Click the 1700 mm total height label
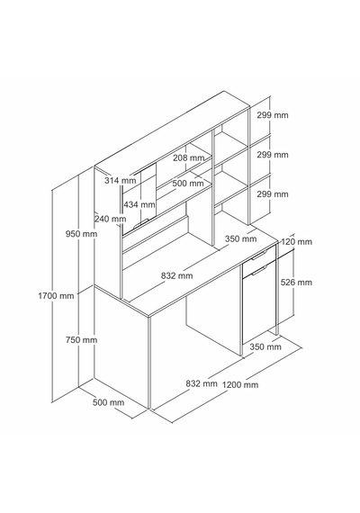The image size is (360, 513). pyautogui.click(x=56, y=296)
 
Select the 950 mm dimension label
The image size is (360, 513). pyautogui.click(x=81, y=234)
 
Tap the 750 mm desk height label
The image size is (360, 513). pyautogui.click(x=81, y=340)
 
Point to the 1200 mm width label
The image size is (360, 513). pyautogui.click(x=240, y=385)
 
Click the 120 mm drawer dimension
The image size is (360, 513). pyautogui.click(x=296, y=242)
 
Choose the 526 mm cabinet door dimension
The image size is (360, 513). pyautogui.click(x=296, y=282)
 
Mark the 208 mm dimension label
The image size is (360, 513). pyautogui.click(x=188, y=158)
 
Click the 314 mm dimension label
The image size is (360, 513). pyautogui.click(x=121, y=180)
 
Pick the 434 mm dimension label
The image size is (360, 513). pyautogui.click(x=139, y=205)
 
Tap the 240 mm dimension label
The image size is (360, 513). pyautogui.click(x=111, y=219)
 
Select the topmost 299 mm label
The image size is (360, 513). pyautogui.click(x=273, y=115)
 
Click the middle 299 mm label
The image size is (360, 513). pyautogui.click(x=273, y=155)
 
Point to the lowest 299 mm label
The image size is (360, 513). pyautogui.click(x=273, y=194)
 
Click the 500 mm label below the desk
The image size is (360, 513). pyautogui.click(x=108, y=402)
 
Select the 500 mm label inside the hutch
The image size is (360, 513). pyautogui.click(x=188, y=184)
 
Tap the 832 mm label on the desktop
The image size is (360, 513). pyautogui.click(x=176, y=275)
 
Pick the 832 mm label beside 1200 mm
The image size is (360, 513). pyautogui.click(x=202, y=383)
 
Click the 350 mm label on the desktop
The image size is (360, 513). pyautogui.click(x=241, y=238)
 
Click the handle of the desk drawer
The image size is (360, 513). pyautogui.click(x=259, y=255)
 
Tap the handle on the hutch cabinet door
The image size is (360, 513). pyautogui.click(x=141, y=222)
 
